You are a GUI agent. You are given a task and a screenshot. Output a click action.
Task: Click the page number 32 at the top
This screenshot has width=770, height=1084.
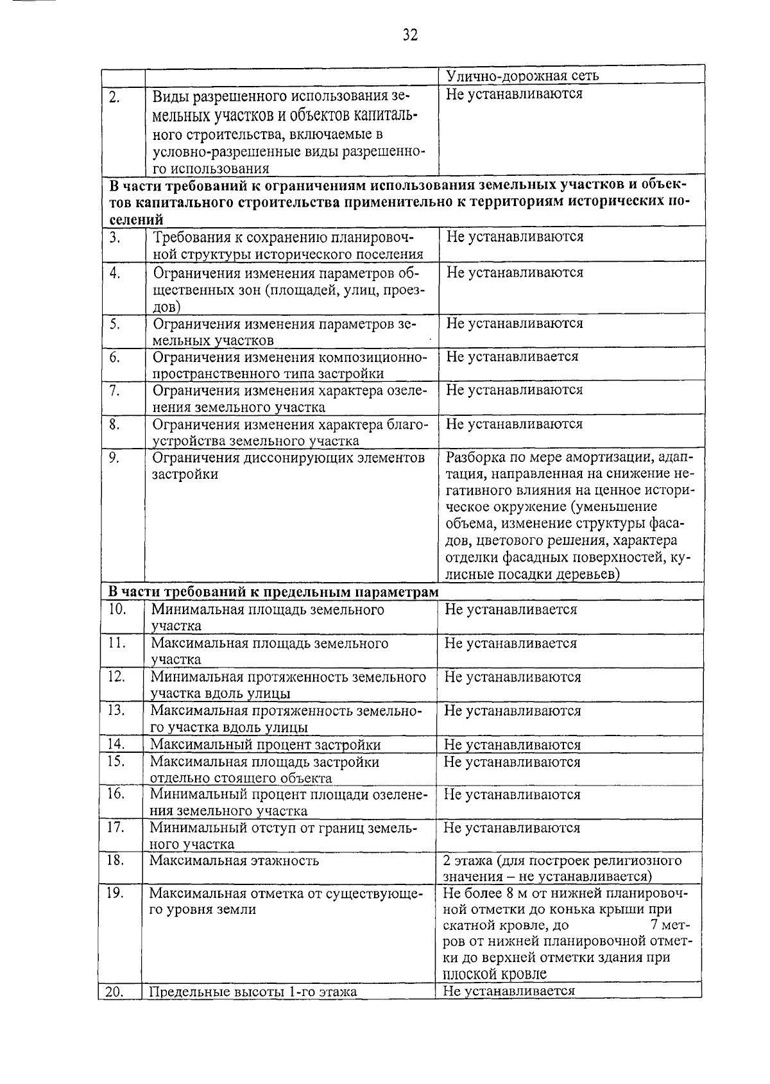click(411, 35)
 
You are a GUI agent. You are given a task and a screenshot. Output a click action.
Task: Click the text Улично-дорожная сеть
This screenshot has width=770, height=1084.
click(522, 76)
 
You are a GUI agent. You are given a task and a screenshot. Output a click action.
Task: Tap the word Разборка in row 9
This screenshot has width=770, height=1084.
click(475, 458)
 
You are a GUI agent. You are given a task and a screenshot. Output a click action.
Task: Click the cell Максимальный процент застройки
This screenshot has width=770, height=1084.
click(265, 744)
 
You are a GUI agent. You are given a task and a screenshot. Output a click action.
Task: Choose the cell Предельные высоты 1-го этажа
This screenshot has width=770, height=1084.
click(253, 992)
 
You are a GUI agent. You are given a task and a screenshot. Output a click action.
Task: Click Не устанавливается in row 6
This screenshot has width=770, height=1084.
click(512, 356)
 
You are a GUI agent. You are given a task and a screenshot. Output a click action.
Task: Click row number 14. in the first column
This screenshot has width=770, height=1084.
click(116, 744)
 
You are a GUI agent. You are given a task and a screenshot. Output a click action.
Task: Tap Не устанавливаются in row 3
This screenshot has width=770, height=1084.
click(515, 237)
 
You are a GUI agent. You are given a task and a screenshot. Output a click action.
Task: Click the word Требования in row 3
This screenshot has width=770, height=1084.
click(193, 237)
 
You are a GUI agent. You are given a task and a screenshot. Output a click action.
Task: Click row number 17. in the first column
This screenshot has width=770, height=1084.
click(115, 827)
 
